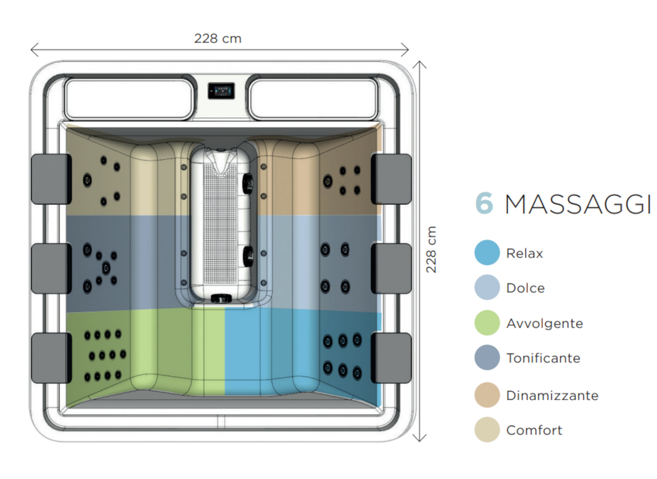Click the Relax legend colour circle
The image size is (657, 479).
point(487,253)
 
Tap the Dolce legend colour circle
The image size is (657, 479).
point(487,287)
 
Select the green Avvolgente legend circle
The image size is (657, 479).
point(487,323)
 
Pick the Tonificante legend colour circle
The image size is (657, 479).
point(487,358)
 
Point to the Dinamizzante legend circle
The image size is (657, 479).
point(487,395)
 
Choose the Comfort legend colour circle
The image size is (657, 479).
point(487,430)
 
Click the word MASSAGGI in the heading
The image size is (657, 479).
point(577,205)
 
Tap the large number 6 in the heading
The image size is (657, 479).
point(484,203)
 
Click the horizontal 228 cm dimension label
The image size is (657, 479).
point(218,39)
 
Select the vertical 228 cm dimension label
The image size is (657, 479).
point(431,249)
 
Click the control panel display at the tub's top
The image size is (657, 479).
point(221,91)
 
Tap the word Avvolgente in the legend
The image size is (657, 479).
point(545,323)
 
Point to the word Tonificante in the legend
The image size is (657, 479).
point(543,358)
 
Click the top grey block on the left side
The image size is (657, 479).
point(51,179)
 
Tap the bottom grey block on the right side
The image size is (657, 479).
point(391,358)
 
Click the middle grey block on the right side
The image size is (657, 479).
point(391,268)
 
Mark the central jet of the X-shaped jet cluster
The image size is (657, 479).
point(106,267)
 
